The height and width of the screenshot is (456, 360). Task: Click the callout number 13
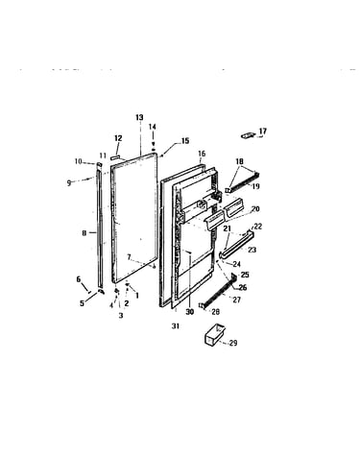pos(139,118)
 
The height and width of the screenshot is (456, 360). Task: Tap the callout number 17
pos(263,132)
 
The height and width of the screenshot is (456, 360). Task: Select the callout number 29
pos(233,343)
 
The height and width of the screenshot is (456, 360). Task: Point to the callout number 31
pos(176,326)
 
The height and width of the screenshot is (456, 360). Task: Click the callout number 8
pos(84,233)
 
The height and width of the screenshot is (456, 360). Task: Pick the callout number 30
pos(190,312)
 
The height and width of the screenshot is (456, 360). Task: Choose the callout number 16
pos(202,154)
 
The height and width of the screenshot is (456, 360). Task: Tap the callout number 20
pos(255,209)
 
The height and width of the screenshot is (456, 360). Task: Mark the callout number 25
pos(245,275)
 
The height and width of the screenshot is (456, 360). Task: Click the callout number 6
pos(79,279)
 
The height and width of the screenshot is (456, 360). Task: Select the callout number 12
pos(118,138)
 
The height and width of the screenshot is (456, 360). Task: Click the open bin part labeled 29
pos(214,334)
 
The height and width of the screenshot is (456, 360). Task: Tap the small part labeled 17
pos(249,136)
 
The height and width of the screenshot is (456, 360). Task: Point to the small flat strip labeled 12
pos(116,157)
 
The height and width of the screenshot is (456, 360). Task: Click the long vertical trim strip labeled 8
pos(100,228)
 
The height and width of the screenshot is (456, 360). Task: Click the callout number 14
pos(153,127)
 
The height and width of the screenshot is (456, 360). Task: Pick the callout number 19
pos(255,186)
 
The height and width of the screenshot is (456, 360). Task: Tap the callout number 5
pos(82,303)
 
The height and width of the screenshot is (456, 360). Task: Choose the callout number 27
pos(237,300)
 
